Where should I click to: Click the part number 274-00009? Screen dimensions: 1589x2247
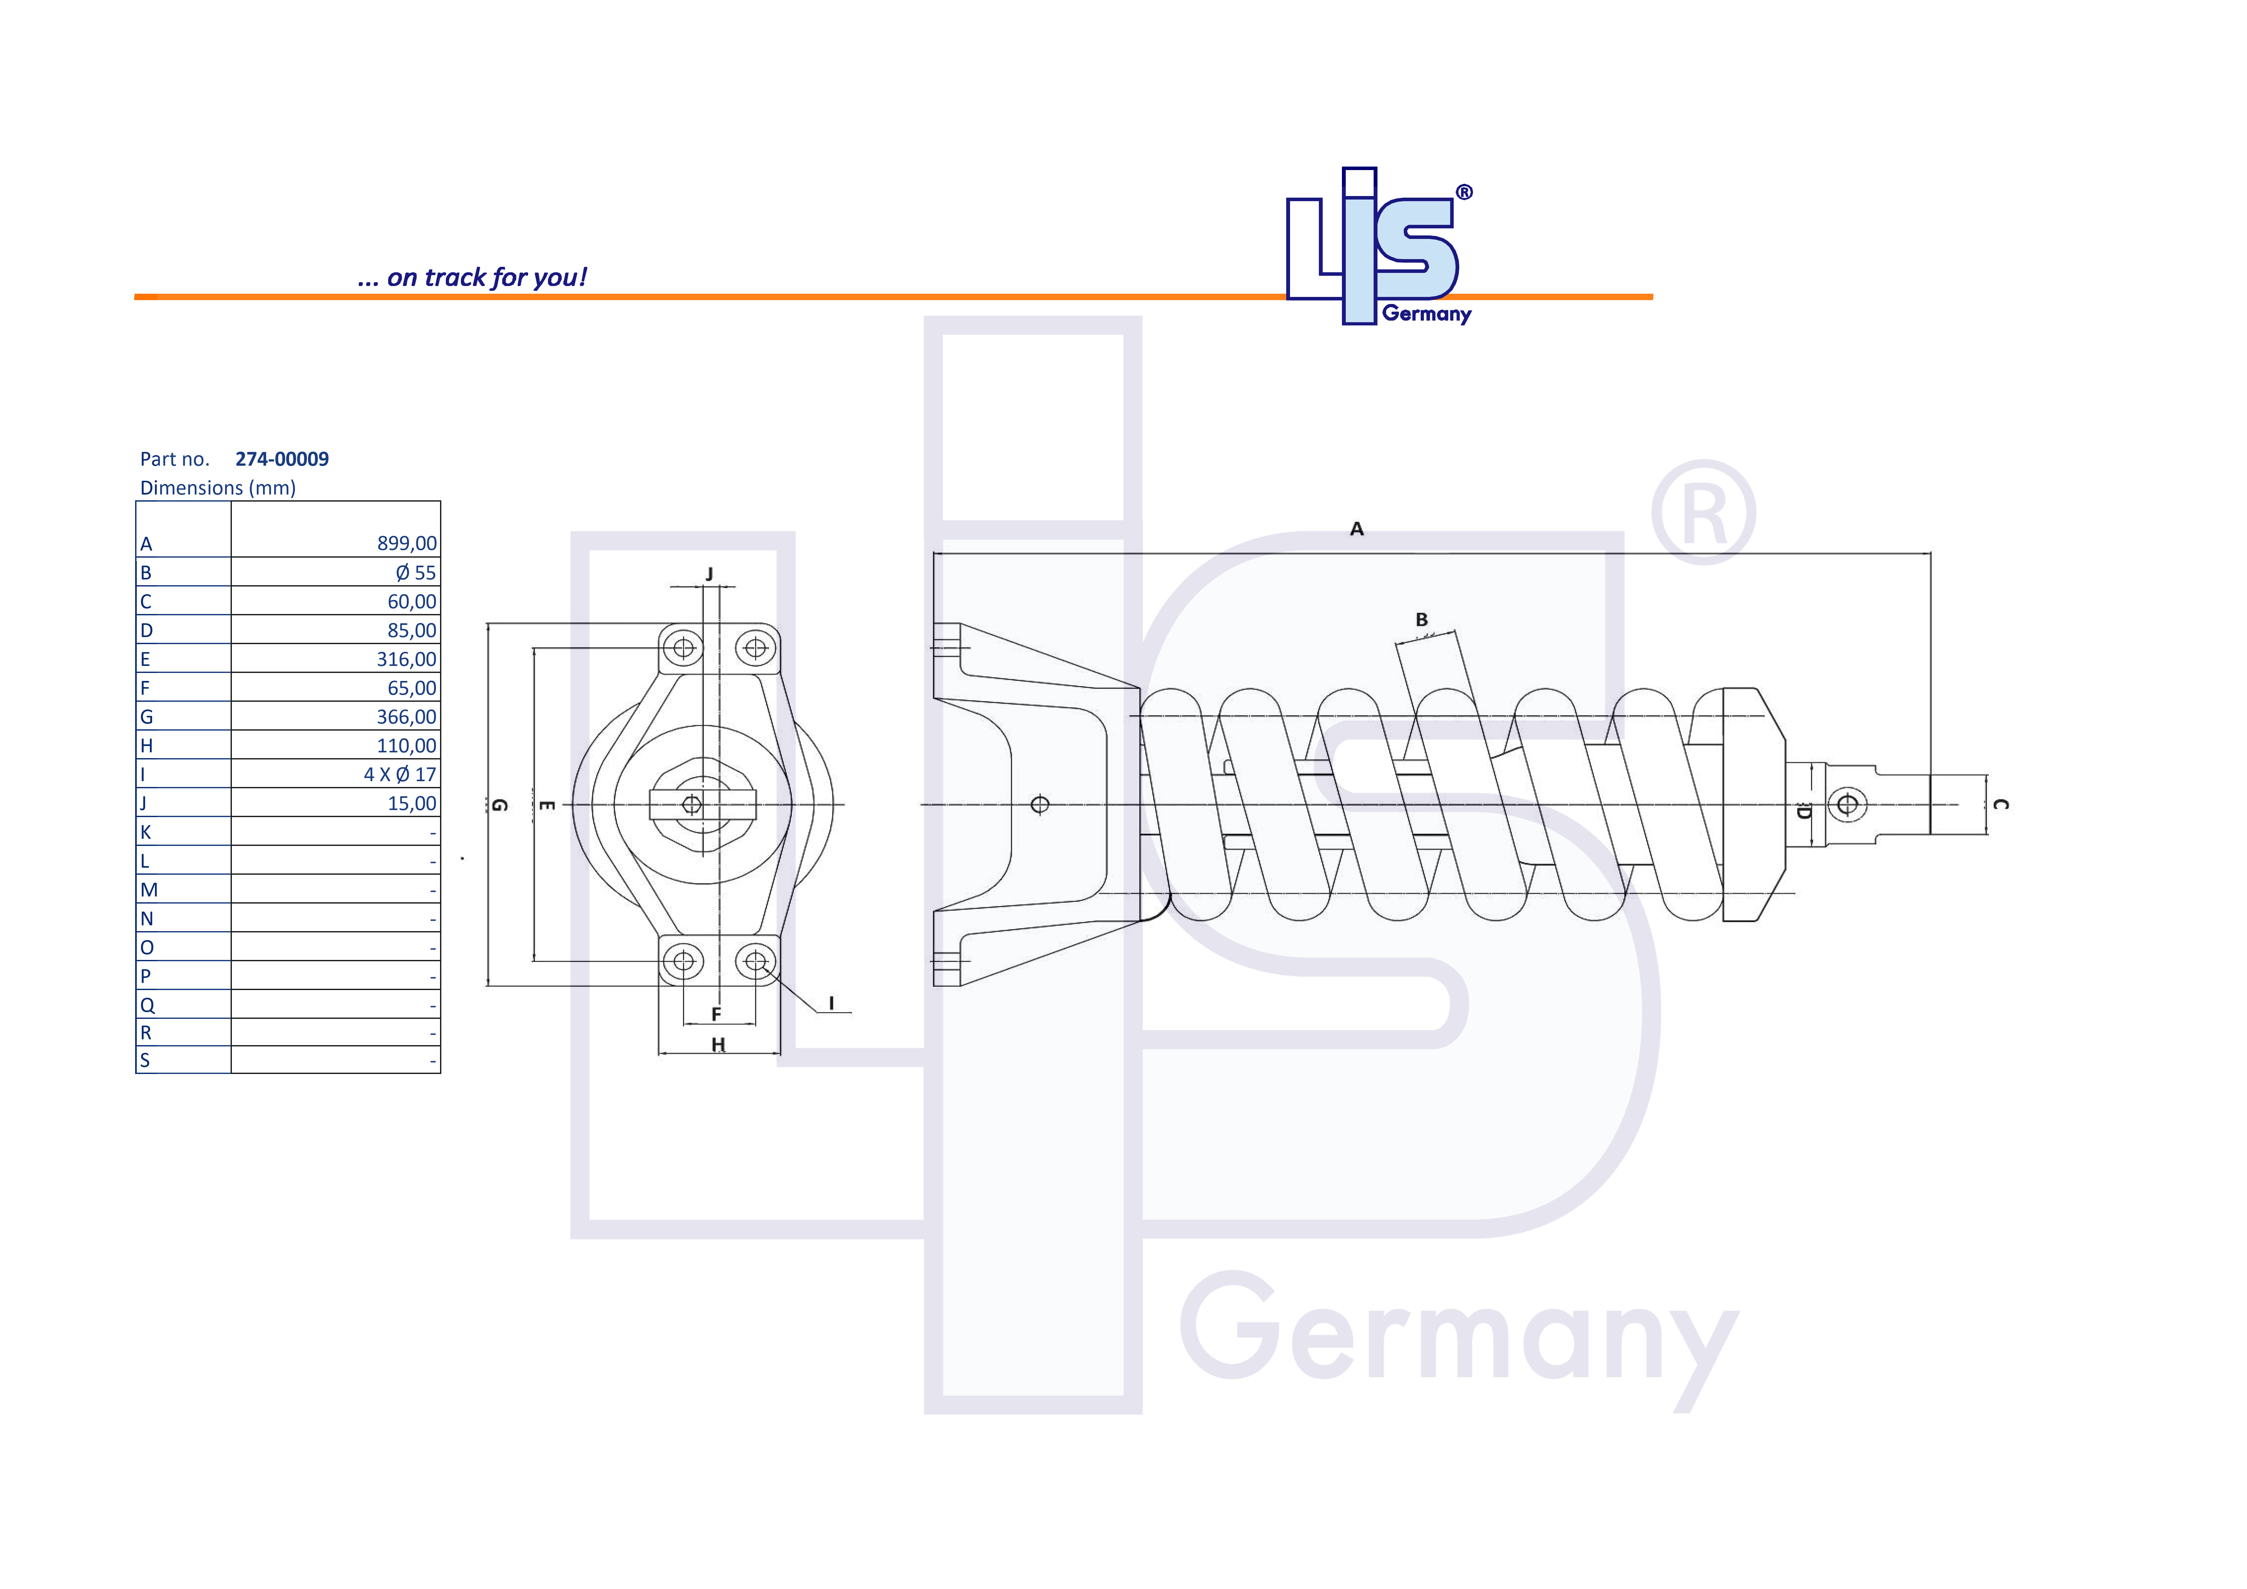(x=282, y=459)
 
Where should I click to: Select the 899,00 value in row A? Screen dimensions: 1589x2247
(x=406, y=543)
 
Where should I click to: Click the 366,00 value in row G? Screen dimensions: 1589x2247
(x=406, y=717)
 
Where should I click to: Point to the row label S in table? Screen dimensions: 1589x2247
(x=145, y=1060)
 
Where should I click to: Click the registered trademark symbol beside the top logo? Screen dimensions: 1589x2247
(x=1464, y=192)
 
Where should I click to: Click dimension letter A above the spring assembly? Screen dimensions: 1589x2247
(x=1356, y=529)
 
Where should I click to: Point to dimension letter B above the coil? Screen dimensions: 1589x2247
(x=1421, y=620)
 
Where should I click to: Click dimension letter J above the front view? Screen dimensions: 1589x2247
(x=709, y=574)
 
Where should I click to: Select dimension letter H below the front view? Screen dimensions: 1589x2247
(x=718, y=1044)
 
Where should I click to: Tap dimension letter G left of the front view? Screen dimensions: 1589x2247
(x=499, y=805)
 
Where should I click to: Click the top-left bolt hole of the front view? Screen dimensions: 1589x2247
(x=683, y=648)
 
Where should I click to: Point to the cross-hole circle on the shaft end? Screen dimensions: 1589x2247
(x=1847, y=805)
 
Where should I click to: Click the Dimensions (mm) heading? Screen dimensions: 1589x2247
(x=217, y=487)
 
